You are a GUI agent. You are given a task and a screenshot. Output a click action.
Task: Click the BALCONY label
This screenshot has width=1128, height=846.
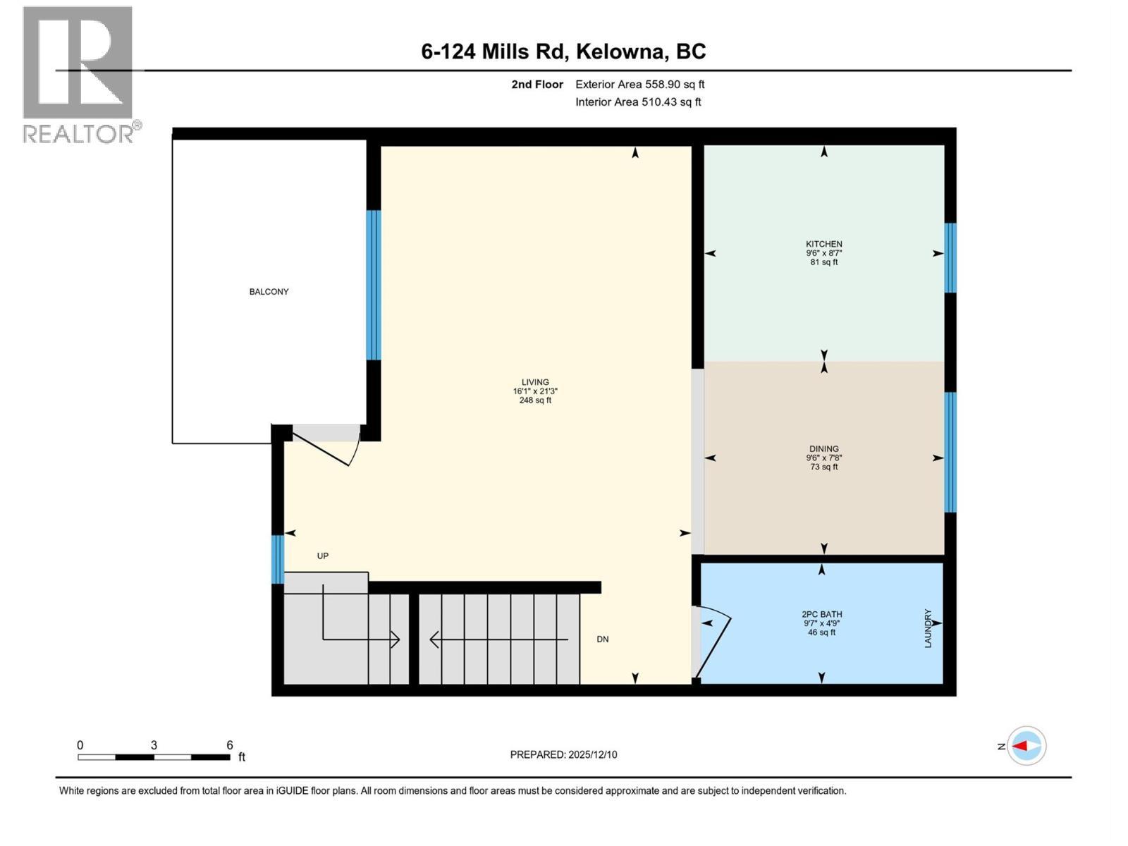(269, 291)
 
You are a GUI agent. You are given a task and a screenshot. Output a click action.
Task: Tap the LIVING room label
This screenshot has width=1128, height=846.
(535, 382)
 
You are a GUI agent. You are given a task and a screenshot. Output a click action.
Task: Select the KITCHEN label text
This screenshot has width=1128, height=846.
(823, 244)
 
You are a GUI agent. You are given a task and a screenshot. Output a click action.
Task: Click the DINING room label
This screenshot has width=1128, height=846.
(823, 448)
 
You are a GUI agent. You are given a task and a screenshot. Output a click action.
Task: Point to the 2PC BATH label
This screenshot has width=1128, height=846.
(821, 614)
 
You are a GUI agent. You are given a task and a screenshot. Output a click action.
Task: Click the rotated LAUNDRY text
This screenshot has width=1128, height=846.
(928, 628)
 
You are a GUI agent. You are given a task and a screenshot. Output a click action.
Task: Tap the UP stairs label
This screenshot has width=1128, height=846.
(322, 556)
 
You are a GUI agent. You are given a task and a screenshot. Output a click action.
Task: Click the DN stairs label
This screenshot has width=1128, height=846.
(602, 639)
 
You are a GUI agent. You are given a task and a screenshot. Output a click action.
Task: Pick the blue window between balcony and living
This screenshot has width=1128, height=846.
(373, 285)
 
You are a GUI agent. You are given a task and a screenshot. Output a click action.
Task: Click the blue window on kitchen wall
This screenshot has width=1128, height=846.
(950, 257)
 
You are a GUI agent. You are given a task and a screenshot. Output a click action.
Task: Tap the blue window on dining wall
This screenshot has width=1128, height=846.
(950, 451)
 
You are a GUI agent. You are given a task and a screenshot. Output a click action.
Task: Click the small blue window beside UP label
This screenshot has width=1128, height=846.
(278, 559)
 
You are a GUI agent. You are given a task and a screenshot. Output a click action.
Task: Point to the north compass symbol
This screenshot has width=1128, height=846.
(1026, 745)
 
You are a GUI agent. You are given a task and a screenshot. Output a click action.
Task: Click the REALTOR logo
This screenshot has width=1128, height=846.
(79, 74)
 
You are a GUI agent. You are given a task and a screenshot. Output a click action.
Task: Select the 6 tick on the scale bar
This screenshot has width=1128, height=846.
(229, 745)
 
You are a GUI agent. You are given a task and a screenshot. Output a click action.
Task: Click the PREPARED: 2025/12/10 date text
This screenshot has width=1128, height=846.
(563, 754)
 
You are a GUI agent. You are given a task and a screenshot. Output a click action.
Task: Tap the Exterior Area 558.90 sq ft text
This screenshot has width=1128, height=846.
(639, 84)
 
